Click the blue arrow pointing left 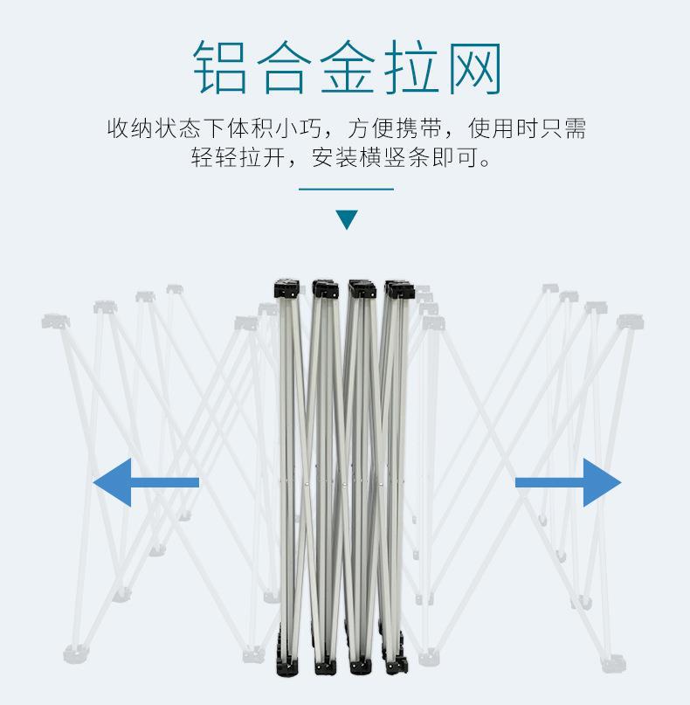[146, 482]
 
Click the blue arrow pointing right [568, 482]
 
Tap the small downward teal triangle [347, 219]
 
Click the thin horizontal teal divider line [346, 189]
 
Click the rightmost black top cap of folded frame [397, 290]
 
